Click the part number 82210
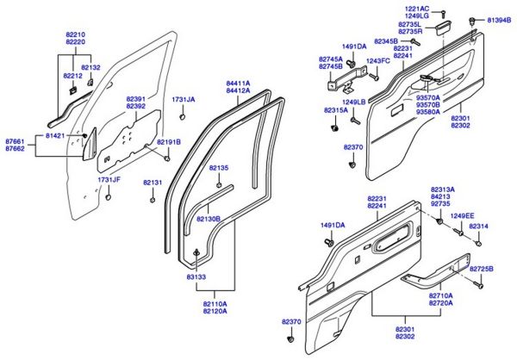click(x=75, y=34)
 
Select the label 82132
click(x=91, y=66)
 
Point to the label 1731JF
click(x=109, y=179)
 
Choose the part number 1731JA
click(x=183, y=100)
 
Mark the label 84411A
click(x=238, y=83)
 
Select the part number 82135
click(x=218, y=168)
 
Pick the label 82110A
click(x=215, y=304)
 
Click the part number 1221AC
click(x=418, y=8)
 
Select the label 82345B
click(x=385, y=40)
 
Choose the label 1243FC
click(x=377, y=60)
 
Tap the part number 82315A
click(x=335, y=110)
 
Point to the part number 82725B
click(x=482, y=269)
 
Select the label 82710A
click(x=442, y=295)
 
